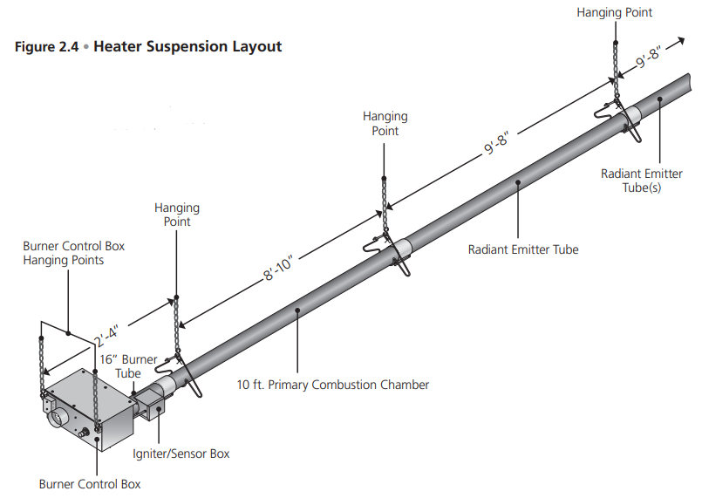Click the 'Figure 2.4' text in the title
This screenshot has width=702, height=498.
tap(45, 46)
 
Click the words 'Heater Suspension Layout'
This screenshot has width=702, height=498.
tap(187, 46)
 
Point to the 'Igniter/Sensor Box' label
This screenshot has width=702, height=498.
tap(181, 454)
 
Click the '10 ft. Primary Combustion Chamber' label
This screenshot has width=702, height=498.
tap(333, 384)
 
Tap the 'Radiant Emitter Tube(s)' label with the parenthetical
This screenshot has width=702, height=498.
tap(642, 181)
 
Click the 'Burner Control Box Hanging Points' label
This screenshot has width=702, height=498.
tap(73, 253)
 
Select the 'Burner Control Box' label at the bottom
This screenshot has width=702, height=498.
tap(89, 483)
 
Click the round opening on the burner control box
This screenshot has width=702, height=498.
tap(57, 419)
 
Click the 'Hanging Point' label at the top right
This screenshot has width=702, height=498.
tap(614, 12)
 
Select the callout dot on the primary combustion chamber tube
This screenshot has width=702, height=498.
tap(297, 309)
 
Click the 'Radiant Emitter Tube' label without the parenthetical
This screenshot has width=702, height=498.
tap(523, 249)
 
